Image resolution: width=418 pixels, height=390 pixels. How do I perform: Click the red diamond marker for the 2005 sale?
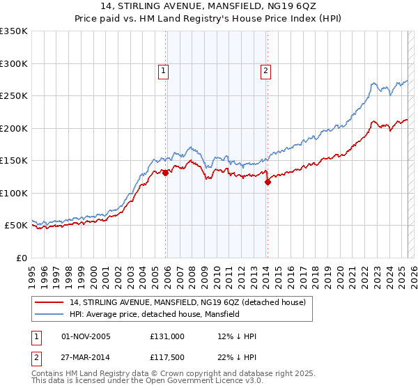165,173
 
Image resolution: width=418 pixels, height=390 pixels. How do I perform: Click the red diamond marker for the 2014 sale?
268,182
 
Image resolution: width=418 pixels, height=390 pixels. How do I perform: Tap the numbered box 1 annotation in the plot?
163,70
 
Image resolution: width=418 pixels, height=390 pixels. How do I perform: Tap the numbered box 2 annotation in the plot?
266,70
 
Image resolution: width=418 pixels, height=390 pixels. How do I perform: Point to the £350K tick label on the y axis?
14,31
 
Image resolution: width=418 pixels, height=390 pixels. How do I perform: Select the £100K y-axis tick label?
14,193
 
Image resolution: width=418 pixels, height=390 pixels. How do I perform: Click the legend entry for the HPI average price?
154,314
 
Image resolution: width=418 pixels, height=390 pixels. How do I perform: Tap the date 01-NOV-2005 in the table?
86,336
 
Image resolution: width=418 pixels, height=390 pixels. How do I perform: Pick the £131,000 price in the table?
167,336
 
